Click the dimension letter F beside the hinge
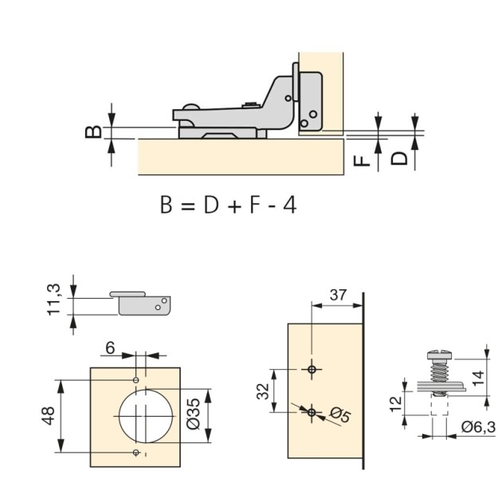(x=363, y=159)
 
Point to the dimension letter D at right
(x=401, y=157)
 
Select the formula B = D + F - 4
(x=228, y=205)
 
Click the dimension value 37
(x=337, y=295)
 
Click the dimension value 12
(x=396, y=405)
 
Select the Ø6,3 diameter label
(x=477, y=428)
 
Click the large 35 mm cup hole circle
(x=142, y=417)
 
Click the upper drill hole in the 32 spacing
(x=312, y=368)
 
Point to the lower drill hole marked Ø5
(x=312, y=411)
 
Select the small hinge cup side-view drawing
(x=142, y=301)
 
